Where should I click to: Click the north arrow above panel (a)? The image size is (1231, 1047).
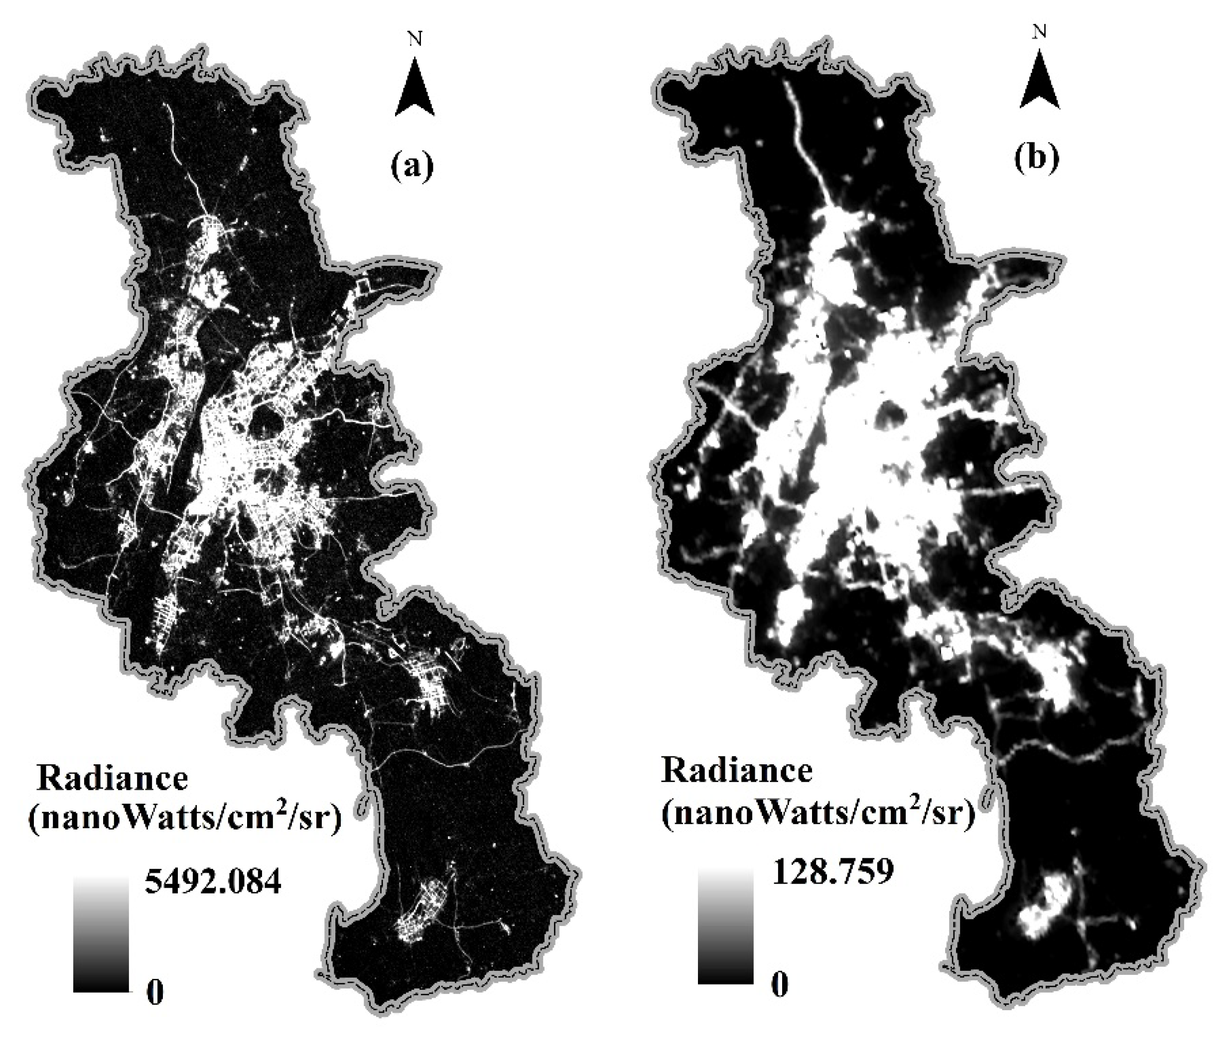[414, 88]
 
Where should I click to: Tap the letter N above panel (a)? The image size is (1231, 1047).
[415, 39]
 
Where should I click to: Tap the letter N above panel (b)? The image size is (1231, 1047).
[1039, 31]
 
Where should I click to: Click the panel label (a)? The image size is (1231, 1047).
[411, 166]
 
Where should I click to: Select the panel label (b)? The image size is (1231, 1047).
[1036, 159]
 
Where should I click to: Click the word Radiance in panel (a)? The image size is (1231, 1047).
[112, 779]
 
